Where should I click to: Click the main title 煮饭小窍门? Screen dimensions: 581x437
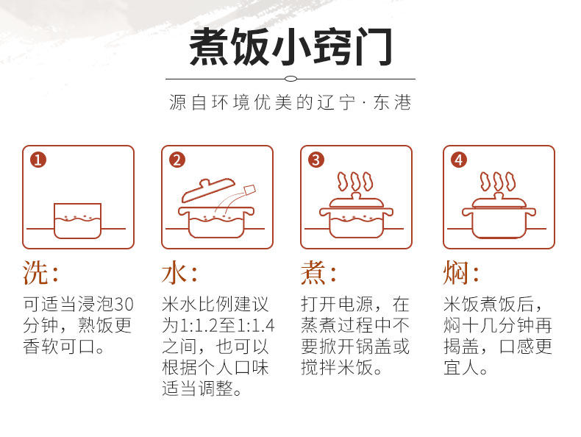click(290, 47)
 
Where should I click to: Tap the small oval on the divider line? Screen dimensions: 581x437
click(291, 79)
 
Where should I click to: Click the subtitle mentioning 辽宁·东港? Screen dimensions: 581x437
click(290, 102)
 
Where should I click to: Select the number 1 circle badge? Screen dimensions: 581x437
click(38, 160)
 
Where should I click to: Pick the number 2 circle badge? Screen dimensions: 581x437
click(177, 160)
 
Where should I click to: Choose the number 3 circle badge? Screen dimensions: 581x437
click(316, 160)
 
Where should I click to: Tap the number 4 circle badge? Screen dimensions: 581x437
click(459, 160)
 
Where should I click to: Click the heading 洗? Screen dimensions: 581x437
click(40, 272)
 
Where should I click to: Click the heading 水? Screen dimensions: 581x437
click(179, 272)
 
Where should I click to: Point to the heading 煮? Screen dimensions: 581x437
click(318, 272)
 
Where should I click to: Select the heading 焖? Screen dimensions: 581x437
click(461, 272)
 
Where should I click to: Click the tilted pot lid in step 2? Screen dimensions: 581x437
click(207, 190)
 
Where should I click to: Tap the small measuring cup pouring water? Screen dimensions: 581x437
click(250, 189)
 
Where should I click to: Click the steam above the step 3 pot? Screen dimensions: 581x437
click(355, 181)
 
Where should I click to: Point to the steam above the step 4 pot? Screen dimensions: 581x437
click(498, 181)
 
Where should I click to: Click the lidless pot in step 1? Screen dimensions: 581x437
click(77, 221)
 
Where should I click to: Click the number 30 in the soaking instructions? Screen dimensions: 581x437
click(123, 305)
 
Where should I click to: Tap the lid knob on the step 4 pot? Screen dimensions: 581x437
click(499, 196)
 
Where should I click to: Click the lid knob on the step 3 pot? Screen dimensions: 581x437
click(356, 196)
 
